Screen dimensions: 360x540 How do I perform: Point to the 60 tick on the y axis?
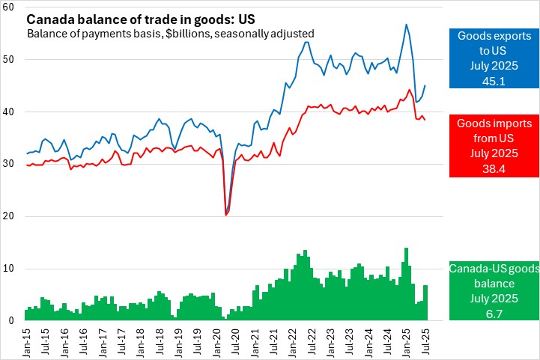(x=10, y=7)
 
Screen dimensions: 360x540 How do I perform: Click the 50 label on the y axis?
(x=10, y=60)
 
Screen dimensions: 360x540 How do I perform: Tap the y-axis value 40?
(x=10, y=112)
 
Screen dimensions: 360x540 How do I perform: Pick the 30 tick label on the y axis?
(x=10, y=164)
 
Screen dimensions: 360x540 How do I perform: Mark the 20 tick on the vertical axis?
(x=10, y=216)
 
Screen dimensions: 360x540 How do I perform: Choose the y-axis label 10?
(x=10, y=269)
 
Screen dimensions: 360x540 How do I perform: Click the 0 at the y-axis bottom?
(x=13, y=321)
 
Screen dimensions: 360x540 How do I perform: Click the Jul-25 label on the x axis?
(x=426, y=341)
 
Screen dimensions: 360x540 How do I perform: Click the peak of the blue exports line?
(x=406, y=25)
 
